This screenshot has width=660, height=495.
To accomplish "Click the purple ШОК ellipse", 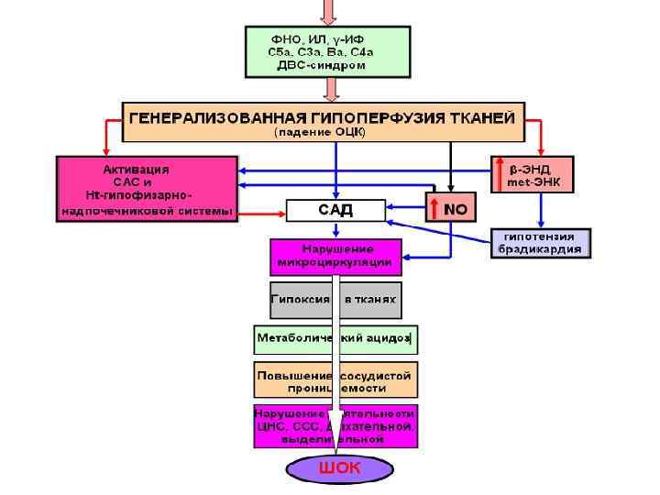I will pos(339,469).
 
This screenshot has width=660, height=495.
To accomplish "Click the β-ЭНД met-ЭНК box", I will pos(533,175).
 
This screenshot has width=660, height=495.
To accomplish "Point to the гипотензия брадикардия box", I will pos(541,243).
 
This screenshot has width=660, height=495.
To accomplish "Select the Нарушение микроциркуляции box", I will pos(335,256).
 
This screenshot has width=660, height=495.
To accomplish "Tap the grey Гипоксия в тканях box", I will pos(335,300).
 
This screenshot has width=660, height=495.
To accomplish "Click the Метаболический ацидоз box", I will pos(335,338).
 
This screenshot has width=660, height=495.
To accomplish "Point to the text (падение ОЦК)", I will pos(322,132).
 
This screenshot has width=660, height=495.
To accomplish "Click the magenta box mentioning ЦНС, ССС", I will pos(335,426).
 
